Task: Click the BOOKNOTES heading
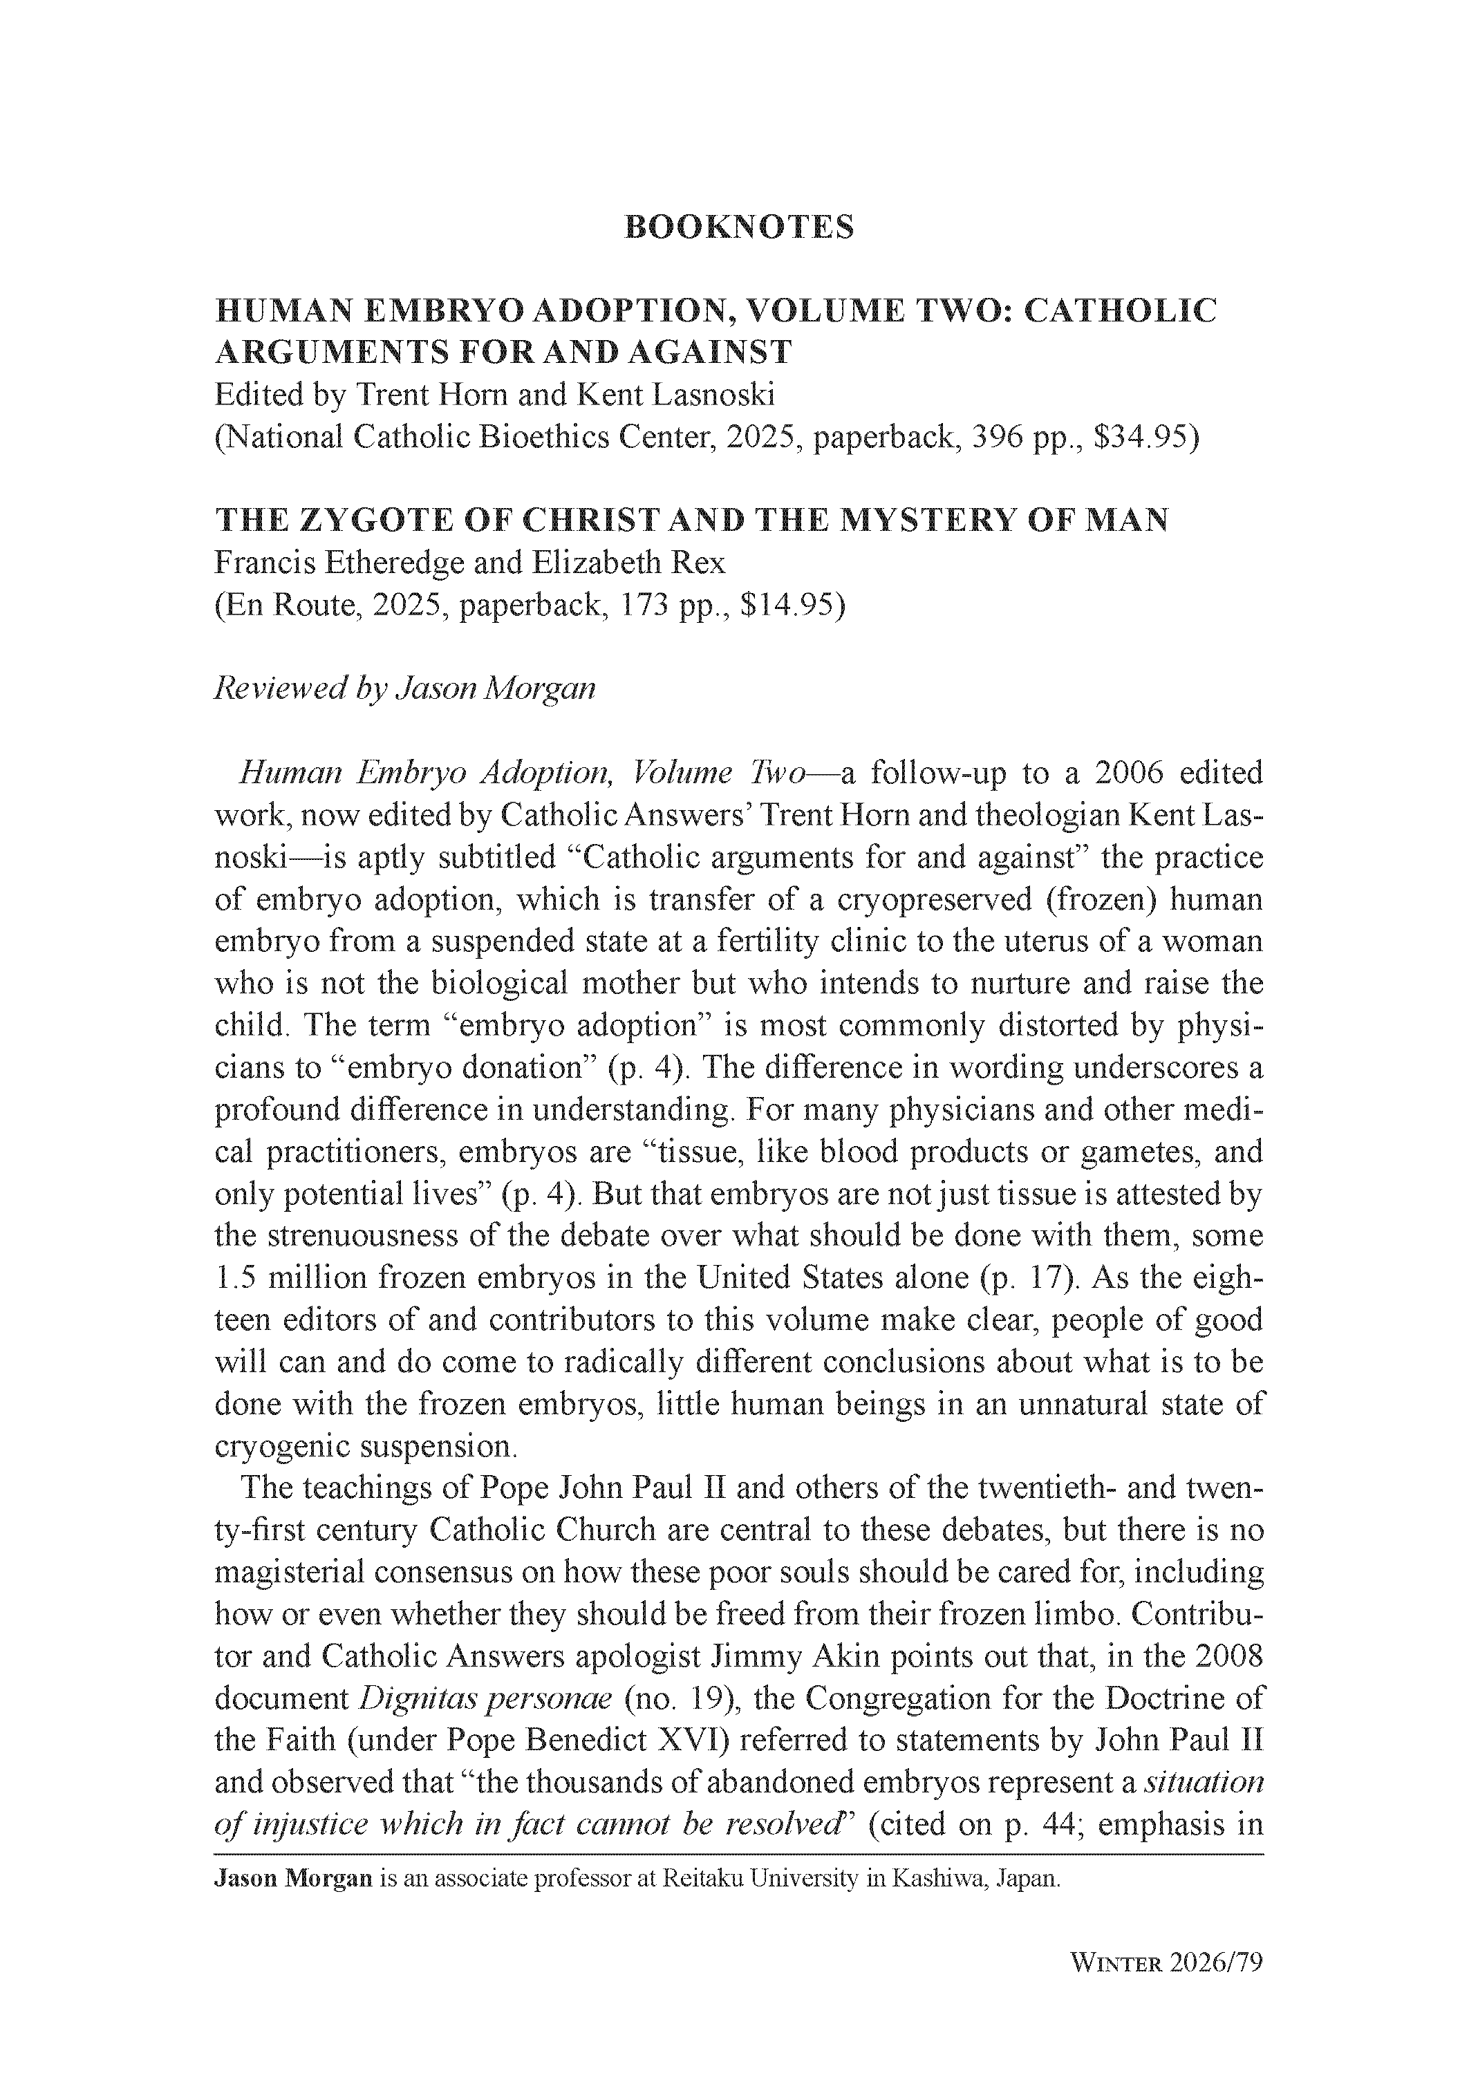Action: coord(738,227)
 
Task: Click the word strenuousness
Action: coord(362,1236)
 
